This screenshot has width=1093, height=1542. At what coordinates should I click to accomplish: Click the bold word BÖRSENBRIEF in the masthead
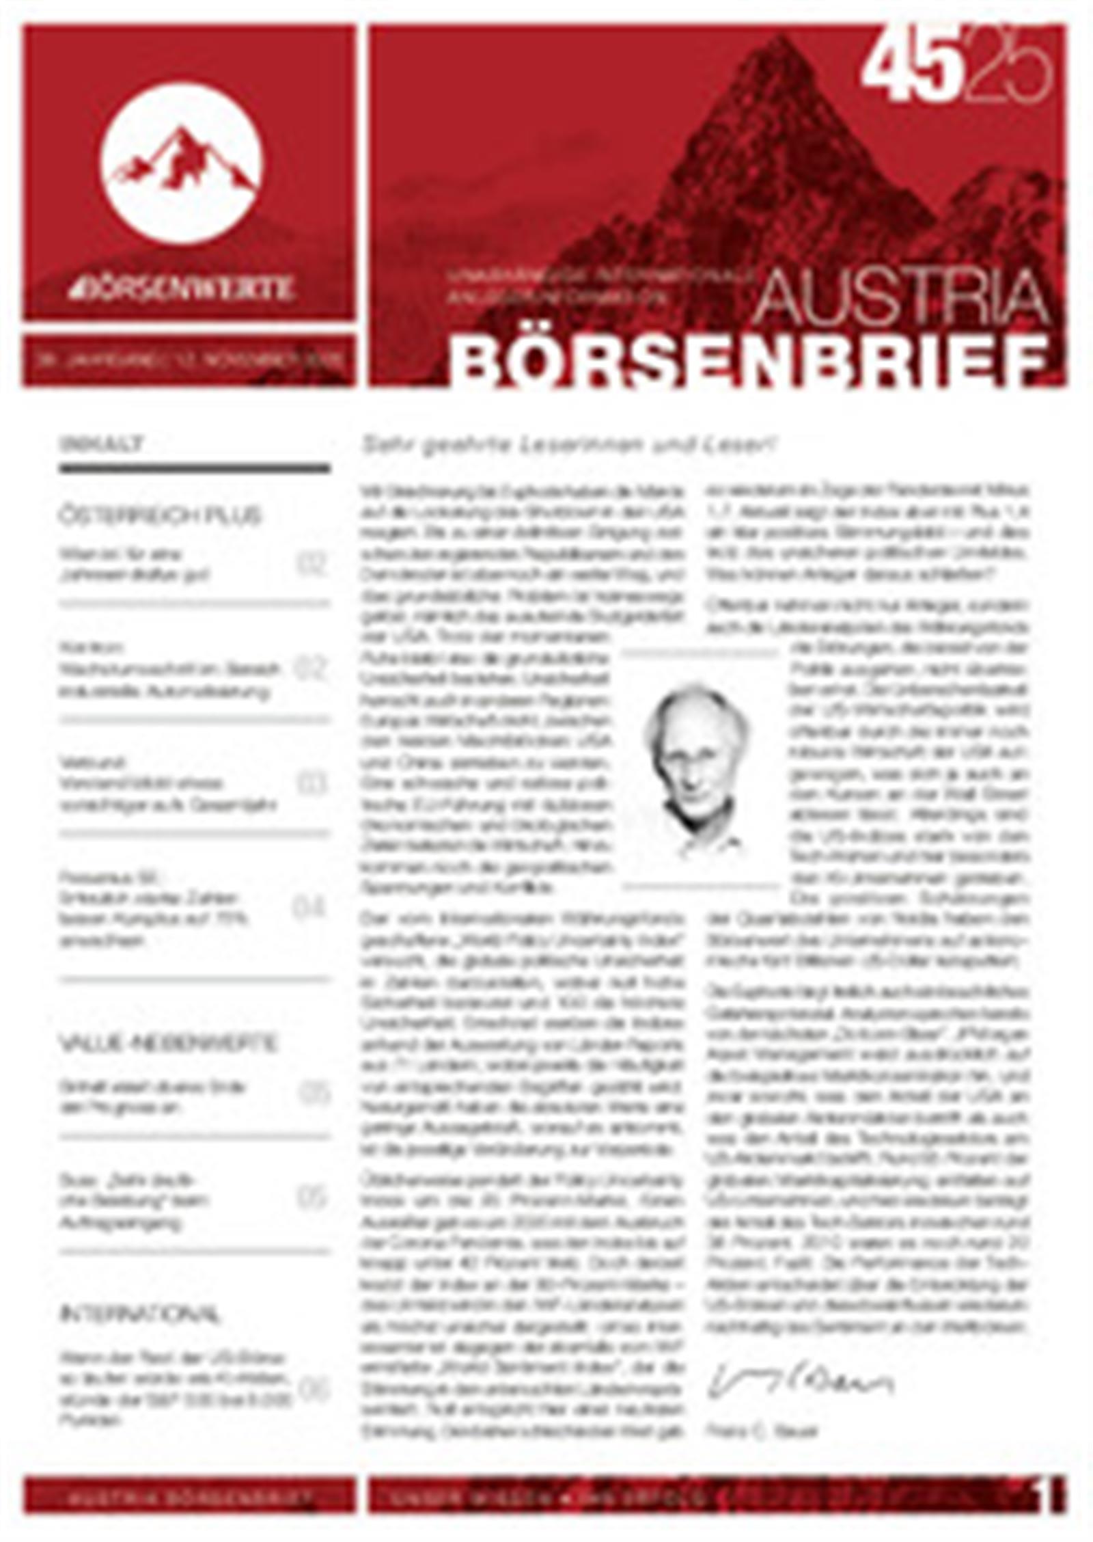(748, 360)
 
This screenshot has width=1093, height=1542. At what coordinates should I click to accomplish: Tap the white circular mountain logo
(181, 165)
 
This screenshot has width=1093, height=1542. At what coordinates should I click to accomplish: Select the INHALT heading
(102, 444)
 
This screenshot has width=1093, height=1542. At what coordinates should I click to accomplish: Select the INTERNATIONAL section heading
(141, 1314)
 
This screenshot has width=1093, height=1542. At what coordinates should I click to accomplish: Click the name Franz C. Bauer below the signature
(762, 1431)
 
